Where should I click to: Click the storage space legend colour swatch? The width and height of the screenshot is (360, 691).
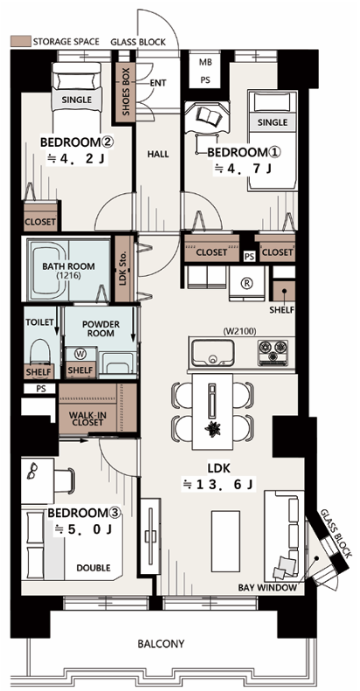click(x=20, y=41)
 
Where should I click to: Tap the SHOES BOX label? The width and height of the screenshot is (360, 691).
click(x=126, y=92)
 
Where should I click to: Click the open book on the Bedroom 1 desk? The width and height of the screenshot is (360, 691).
click(x=207, y=115)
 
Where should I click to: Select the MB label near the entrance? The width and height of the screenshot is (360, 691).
click(x=204, y=62)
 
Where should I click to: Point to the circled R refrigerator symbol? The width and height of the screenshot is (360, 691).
click(x=246, y=284)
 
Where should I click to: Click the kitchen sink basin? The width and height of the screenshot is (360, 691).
click(x=212, y=353)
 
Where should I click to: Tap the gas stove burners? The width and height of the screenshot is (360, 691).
click(x=273, y=352)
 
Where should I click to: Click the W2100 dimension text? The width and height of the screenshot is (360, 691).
click(x=239, y=330)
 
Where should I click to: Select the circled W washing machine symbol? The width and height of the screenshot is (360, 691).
click(x=80, y=354)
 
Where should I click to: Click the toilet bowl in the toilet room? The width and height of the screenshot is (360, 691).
click(x=41, y=351)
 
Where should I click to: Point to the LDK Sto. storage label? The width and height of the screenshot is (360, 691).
click(x=124, y=269)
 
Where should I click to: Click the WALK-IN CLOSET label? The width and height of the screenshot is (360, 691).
click(x=87, y=418)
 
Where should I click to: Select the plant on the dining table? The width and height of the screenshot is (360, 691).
click(x=213, y=428)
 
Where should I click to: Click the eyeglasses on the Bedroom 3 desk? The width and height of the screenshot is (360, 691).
click(x=32, y=471)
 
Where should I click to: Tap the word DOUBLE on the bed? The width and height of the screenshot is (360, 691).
click(x=93, y=568)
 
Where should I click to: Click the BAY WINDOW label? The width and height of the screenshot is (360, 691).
click(x=268, y=588)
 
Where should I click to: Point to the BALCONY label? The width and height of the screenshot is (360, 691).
click(x=161, y=644)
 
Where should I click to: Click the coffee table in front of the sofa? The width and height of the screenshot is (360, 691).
click(x=225, y=540)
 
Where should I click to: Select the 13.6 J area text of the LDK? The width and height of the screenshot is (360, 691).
click(x=218, y=485)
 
